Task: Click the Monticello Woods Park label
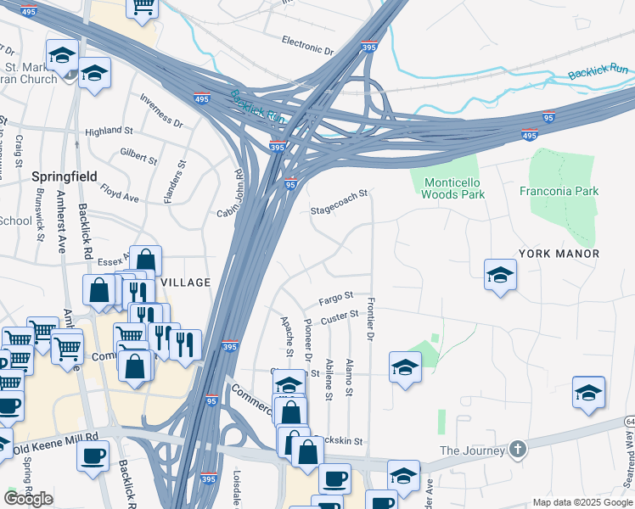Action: click(453, 188)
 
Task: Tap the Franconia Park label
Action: click(559, 191)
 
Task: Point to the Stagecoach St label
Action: click(339, 202)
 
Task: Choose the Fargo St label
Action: click(335, 299)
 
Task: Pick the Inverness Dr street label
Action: click(161, 110)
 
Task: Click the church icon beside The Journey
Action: click(518, 449)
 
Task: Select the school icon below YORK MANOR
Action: click(500, 274)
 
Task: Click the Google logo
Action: click(28, 499)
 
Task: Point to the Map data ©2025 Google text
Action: click(582, 502)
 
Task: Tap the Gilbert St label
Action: click(138, 156)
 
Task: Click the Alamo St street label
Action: click(348, 378)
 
